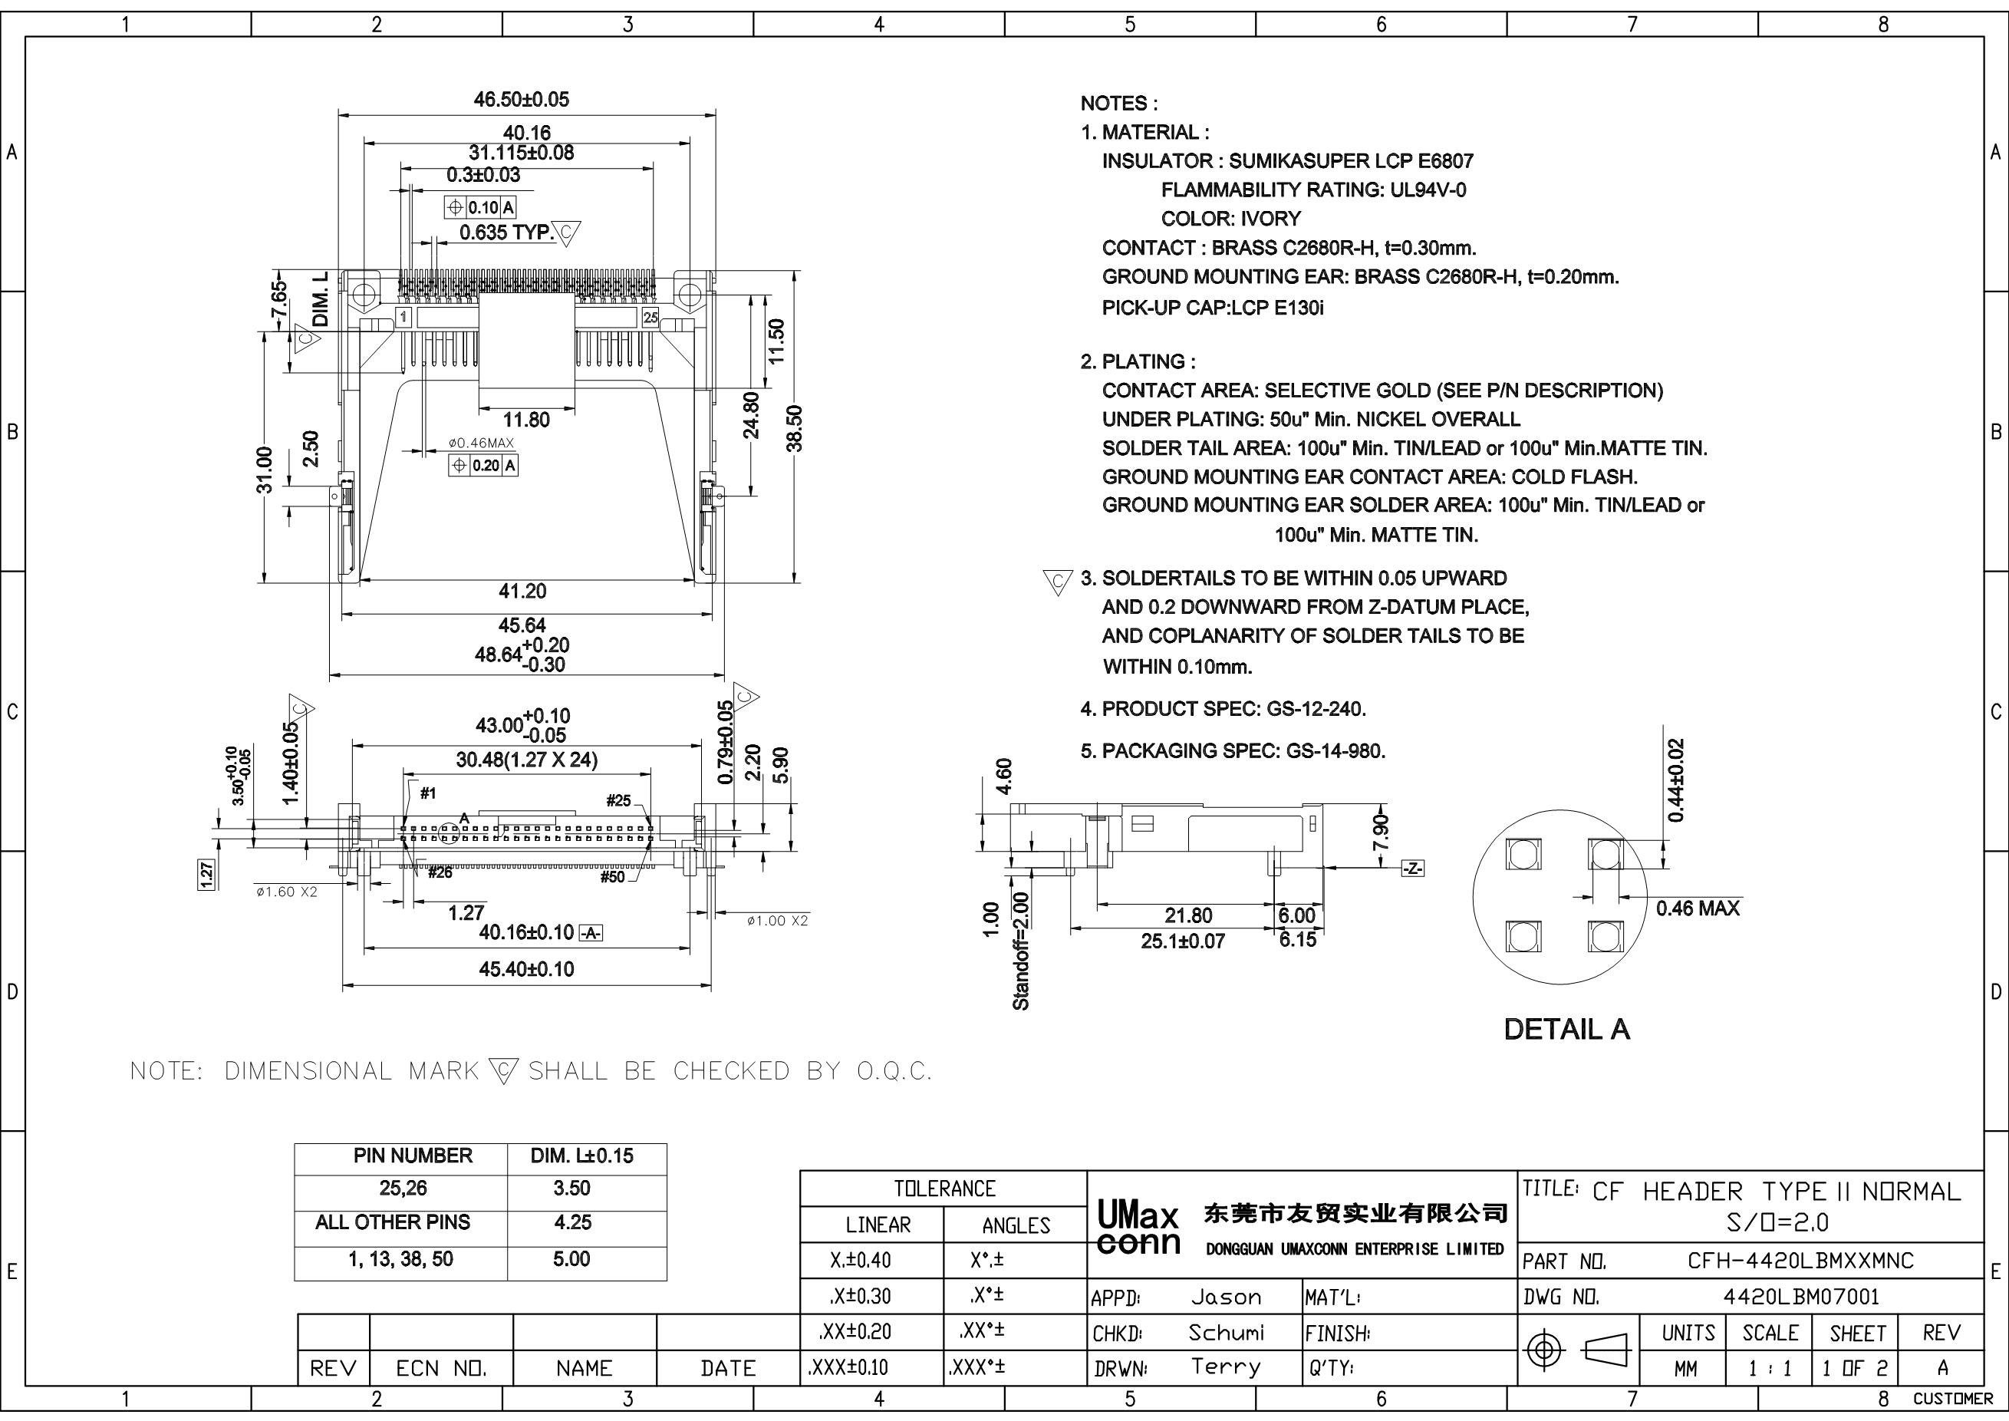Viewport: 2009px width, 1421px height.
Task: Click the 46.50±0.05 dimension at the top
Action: coord(522,100)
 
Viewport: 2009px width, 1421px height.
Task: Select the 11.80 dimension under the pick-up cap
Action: coord(526,420)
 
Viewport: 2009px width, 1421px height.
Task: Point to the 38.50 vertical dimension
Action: coord(795,428)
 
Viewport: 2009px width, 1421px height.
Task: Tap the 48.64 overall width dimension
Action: coord(522,654)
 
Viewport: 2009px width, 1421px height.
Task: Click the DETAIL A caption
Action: coord(1566,1030)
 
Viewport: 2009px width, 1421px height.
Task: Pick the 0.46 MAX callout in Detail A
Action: coord(1698,908)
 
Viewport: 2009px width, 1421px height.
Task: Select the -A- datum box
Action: coord(591,934)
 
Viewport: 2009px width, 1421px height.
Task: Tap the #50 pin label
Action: coord(612,877)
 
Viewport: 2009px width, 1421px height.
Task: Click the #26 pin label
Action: coord(440,872)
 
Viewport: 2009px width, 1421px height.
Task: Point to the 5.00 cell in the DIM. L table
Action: coord(571,1259)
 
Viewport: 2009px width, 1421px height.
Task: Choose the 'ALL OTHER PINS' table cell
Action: coord(393,1222)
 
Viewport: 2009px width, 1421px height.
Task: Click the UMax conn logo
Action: coord(1138,1229)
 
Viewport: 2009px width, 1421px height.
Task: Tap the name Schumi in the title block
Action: coord(1226,1333)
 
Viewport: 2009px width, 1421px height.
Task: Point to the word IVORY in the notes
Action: coord(1270,219)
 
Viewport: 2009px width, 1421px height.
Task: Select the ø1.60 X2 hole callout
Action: coord(286,892)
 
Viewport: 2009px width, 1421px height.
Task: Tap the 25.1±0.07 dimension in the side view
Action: coord(1183,941)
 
